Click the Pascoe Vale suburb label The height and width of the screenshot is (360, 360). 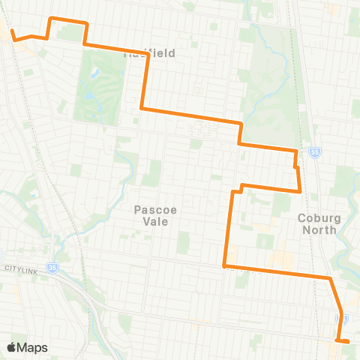155,216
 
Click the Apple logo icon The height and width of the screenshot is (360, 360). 11,347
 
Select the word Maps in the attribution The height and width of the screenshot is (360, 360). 33,347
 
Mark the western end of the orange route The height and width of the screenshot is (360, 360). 11,31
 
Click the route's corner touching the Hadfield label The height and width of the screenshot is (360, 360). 146,54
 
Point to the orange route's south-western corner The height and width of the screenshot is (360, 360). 225,265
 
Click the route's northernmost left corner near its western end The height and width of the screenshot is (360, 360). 50,18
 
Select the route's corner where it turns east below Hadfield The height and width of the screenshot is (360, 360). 142,109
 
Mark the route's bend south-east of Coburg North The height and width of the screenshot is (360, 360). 329,279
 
